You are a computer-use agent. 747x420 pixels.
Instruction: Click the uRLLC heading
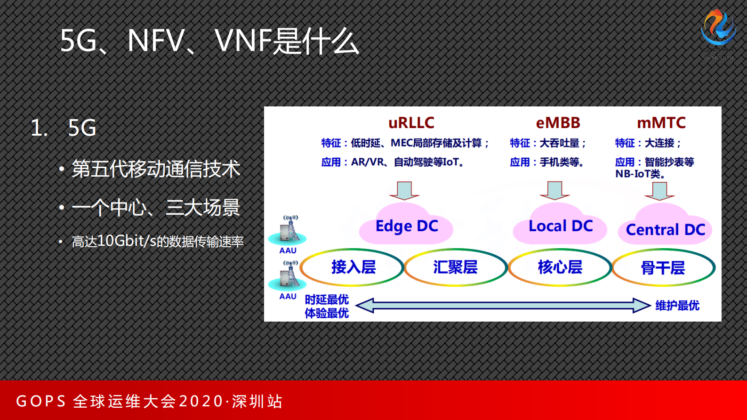click(x=411, y=123)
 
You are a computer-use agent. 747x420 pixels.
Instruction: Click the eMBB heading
click(x=558, y=123)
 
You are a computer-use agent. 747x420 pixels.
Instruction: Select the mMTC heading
click(x=661, y=123)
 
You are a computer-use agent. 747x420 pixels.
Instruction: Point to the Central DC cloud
click(x=665, y=229)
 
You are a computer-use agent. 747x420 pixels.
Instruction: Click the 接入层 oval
click(x=353, y=267)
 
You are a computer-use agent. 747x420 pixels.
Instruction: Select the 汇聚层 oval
click(x=455, y=267)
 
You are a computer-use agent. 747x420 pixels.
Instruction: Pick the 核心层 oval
click(x=560, y=267)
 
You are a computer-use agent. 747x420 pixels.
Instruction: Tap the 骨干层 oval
click(x=663, y=268)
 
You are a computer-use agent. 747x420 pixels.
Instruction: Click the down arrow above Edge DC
click(x=404, y=190)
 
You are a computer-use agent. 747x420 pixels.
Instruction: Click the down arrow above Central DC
click(x=659, y=190)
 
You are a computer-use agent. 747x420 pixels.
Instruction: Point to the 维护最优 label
click(x=677, y=306)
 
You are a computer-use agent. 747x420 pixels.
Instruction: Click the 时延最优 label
click(x=327, y=299)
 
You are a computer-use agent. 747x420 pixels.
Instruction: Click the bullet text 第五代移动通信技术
click(x=156, y=169)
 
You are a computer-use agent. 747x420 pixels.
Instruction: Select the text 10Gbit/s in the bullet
click(x=127, y=241)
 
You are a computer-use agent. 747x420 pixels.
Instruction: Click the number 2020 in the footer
click(x=201, y=401)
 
